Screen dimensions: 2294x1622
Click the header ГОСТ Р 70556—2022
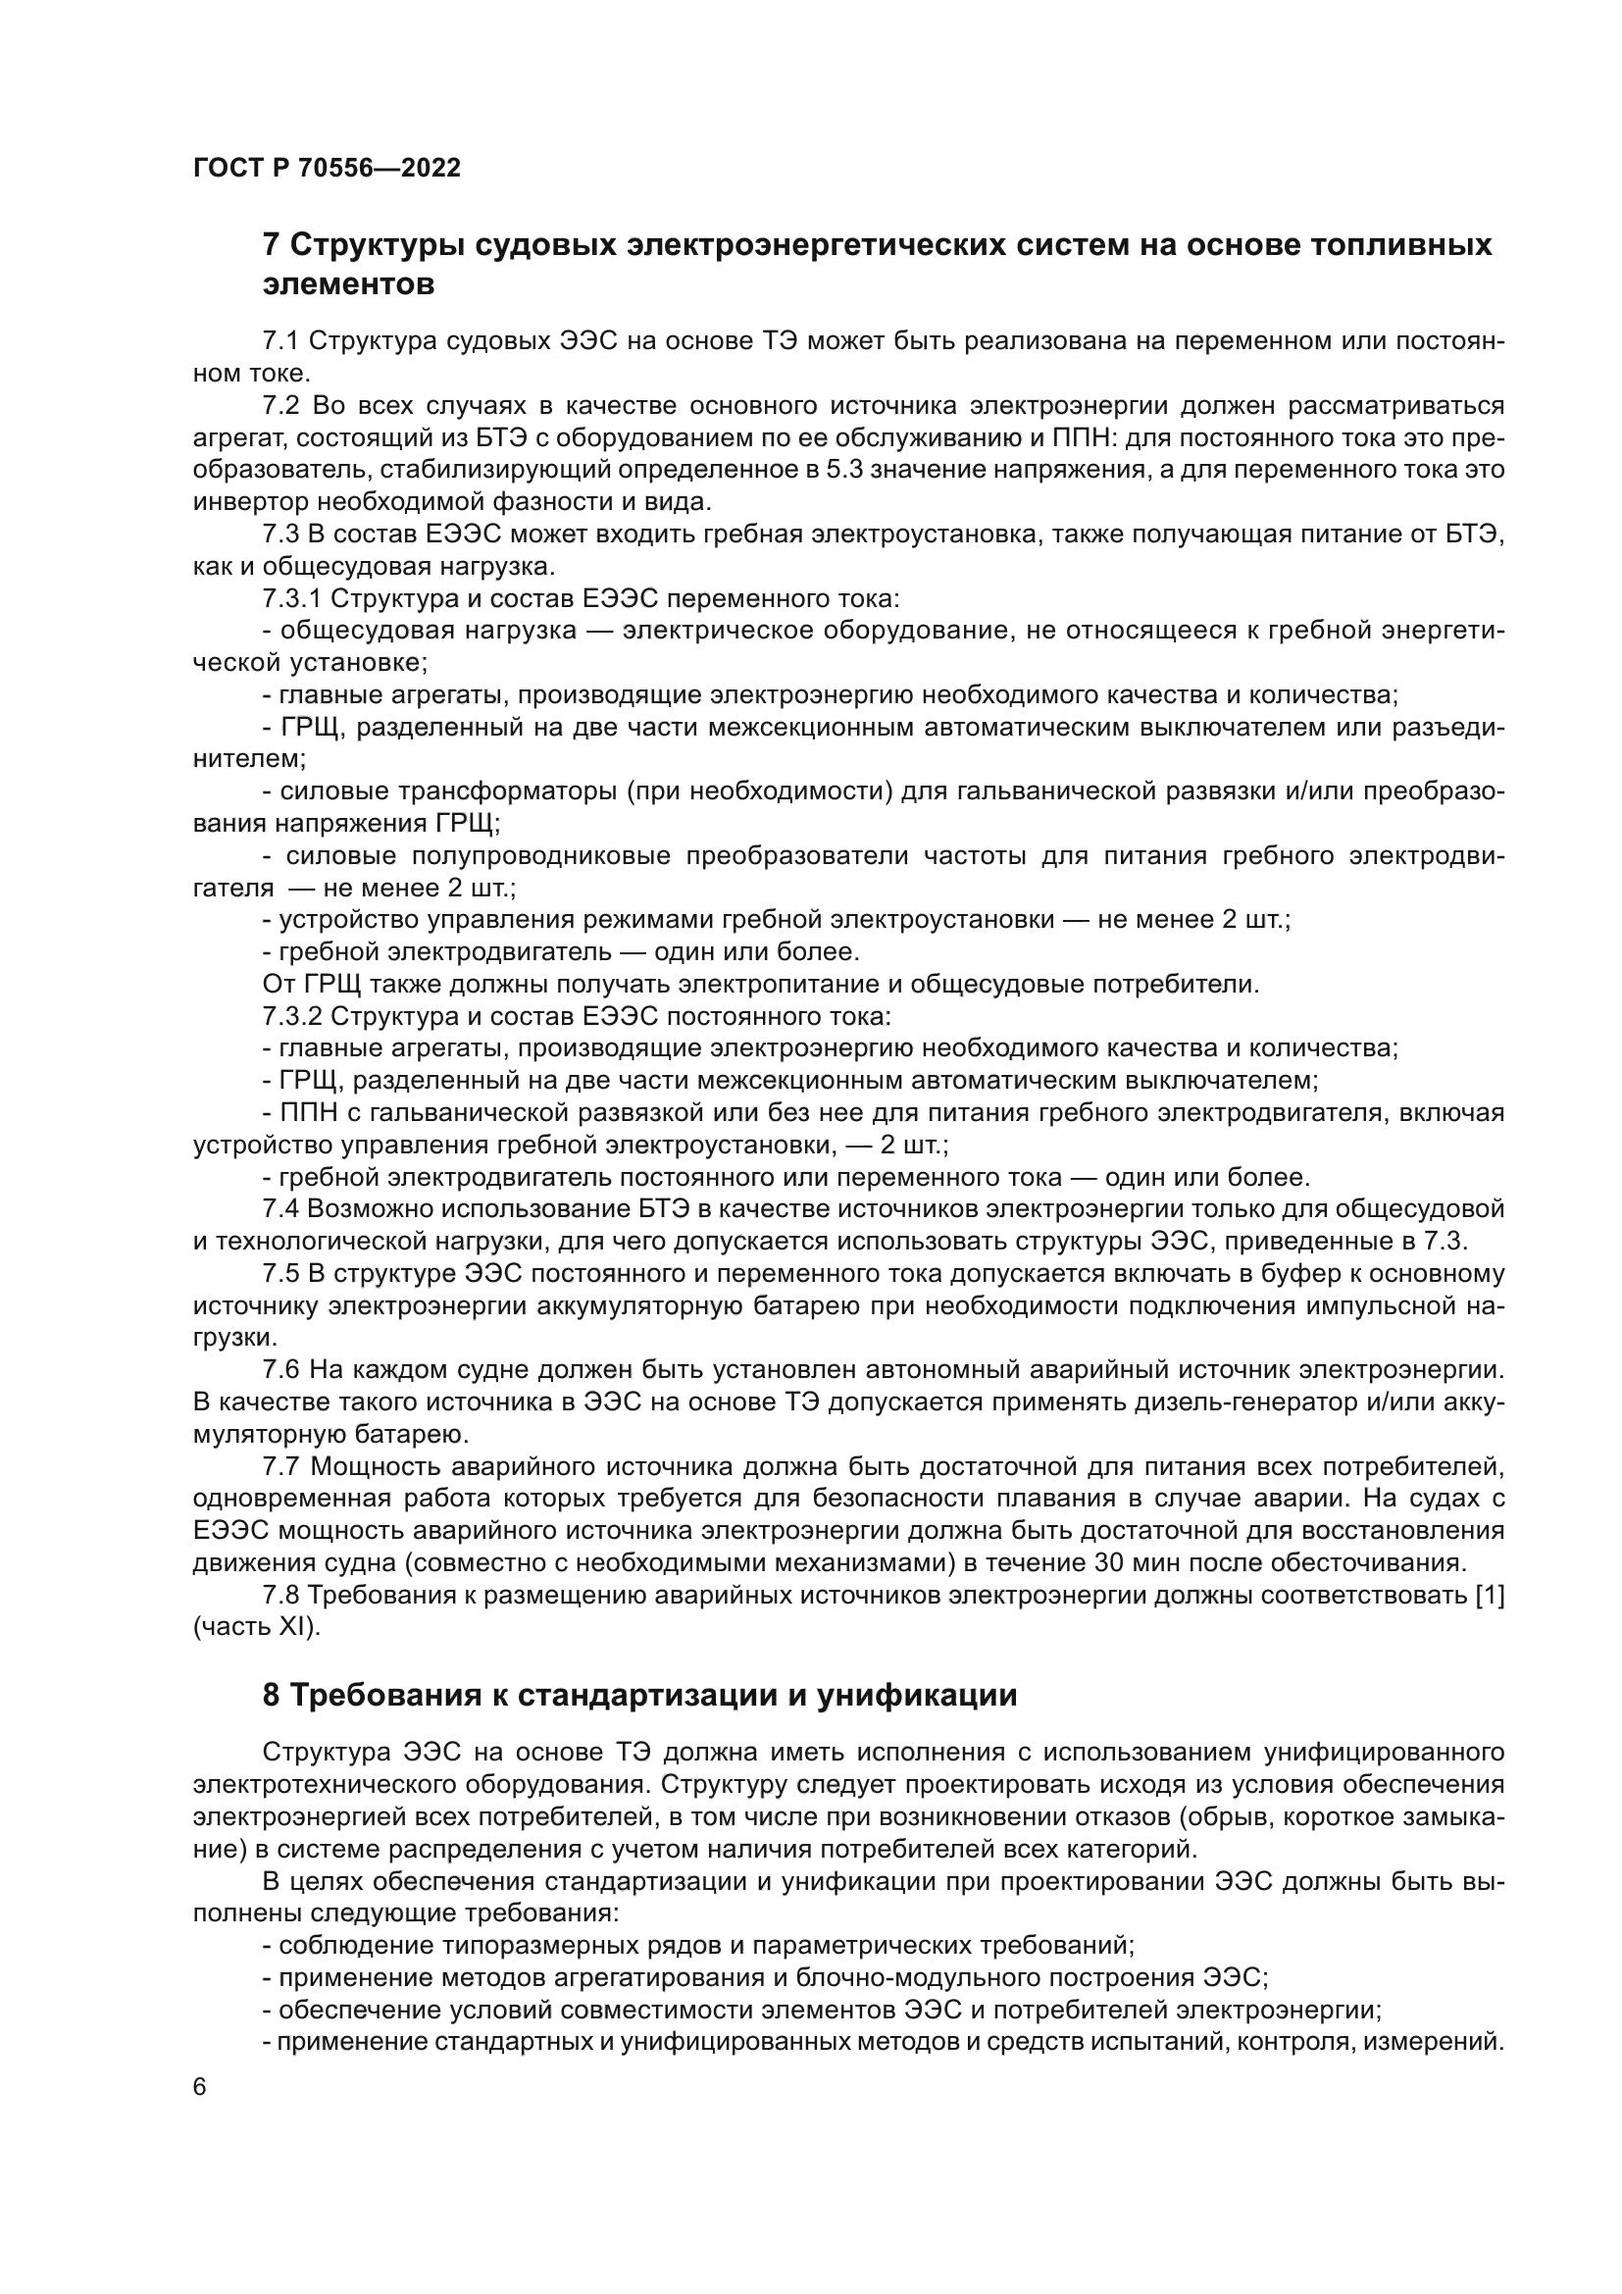coord(327,168)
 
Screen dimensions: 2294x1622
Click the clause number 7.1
coord(280,340)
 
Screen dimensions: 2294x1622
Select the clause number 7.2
coord(280,406)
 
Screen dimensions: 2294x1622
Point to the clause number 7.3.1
coord(290,598)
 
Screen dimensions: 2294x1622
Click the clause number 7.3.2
coord(290,1017)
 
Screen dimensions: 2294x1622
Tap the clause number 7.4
coord(280,1209)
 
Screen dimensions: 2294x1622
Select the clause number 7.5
coord(280,1274)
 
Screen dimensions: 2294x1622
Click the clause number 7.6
coord(280,1370)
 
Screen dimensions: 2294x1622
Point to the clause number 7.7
coord(280,1466)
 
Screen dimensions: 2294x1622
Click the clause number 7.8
coord(280,1596)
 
